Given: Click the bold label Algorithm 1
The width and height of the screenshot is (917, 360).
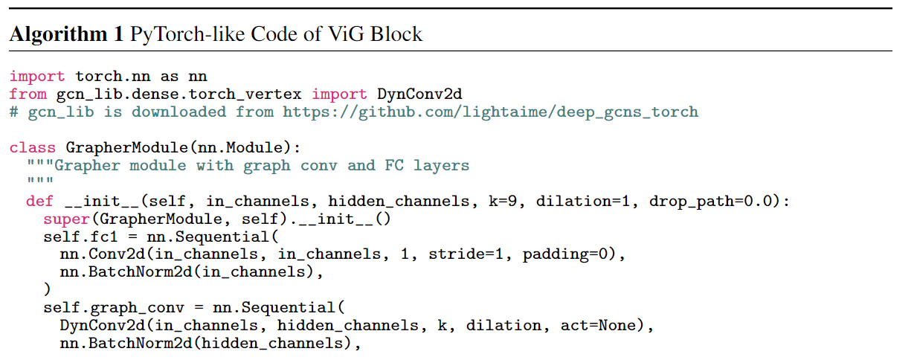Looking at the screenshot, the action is tap(66, 34).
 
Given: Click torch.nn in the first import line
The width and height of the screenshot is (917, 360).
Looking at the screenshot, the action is tap(113, 77).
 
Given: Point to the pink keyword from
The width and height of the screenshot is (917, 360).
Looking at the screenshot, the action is tap(28, 94).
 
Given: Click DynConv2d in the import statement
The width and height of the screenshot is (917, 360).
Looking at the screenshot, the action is tap(419, 94).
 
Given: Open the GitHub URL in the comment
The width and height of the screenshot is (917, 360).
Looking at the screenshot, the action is tap(490, 112).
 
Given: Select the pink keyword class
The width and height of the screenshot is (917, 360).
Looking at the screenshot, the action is tap(32, 148).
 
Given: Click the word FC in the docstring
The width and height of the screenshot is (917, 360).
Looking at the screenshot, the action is tap(394, 165).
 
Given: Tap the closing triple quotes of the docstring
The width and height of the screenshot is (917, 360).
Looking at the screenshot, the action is tap(40, 180).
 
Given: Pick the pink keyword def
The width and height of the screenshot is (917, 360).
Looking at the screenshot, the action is tap(39, 201).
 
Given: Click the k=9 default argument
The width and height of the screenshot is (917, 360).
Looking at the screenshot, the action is tap(503, 201).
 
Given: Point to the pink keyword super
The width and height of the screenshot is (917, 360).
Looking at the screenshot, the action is tap(66, 219).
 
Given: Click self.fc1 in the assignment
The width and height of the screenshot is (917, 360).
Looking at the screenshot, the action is tap(80, 237).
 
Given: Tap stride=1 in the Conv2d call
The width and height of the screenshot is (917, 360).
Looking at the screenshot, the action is tap(466, 254).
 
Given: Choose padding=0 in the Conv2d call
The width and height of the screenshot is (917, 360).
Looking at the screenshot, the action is tap(565, 254).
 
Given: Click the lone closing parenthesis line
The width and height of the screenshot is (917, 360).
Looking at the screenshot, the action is tap(47, 289).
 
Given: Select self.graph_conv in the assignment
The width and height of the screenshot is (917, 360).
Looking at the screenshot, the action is tap(114, 308).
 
